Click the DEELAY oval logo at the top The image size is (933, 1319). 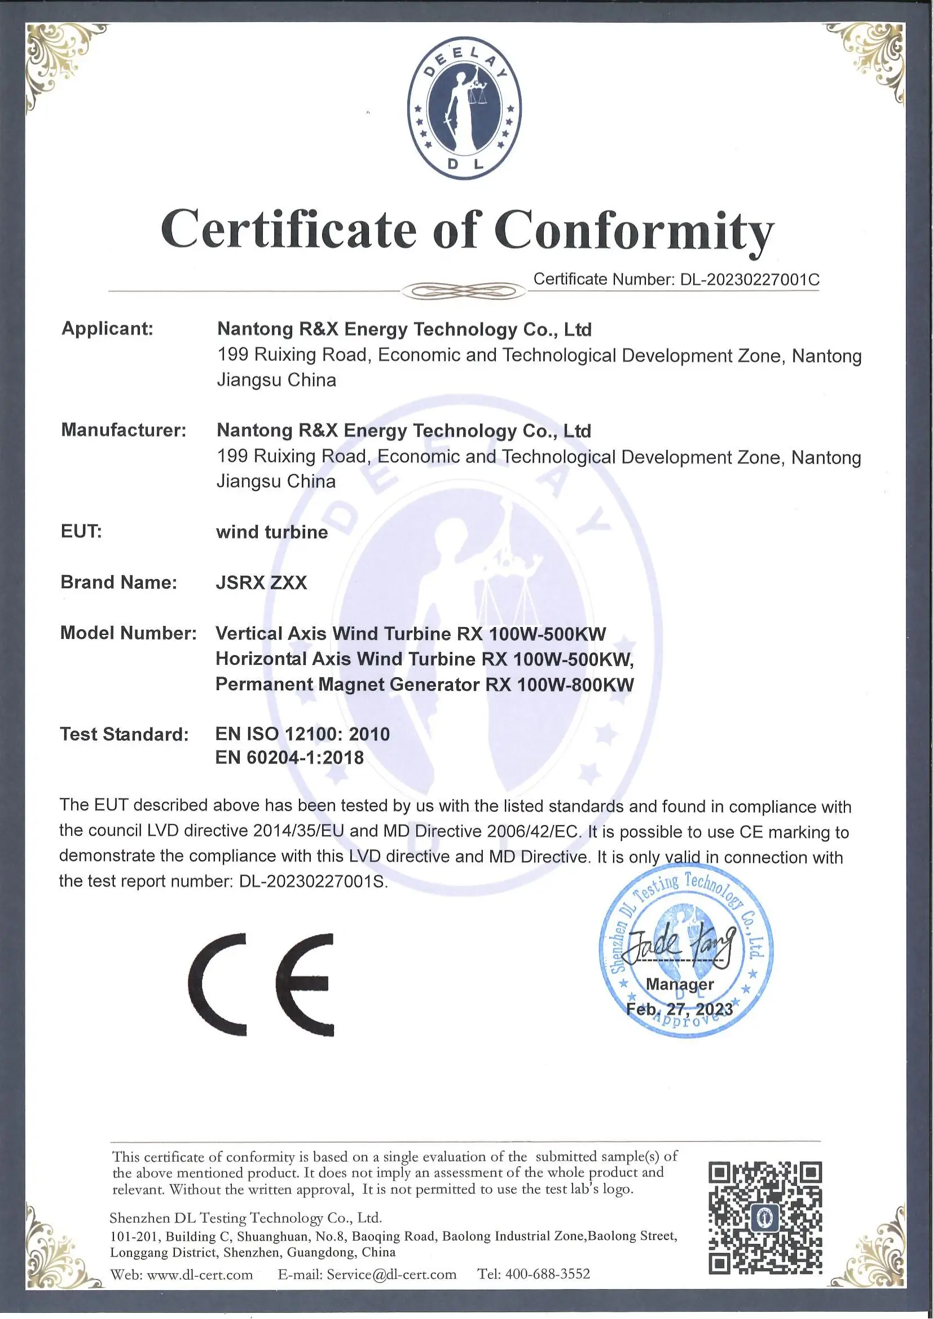(x=464, y=108)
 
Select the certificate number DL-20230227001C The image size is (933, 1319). (x=749, y=280)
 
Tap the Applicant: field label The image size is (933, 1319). (x=107, y=329)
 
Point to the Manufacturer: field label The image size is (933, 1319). (x=124, y=430)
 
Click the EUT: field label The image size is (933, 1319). (x=81, y=531)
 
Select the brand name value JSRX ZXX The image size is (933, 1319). (x=261, y=583)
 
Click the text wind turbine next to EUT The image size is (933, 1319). (x=272, y=532)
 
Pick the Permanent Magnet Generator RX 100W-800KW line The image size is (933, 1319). (x=425, y=685)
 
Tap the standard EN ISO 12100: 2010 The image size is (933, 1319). (x=302, y=734)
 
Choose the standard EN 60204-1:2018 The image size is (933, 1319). (x=289, y=758)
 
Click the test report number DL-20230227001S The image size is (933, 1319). (x=313, y=881)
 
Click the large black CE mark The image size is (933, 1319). (x=261, y=985)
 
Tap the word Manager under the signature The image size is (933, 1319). (x=680, y=984)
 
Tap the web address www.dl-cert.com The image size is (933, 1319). (x=200, y=1275)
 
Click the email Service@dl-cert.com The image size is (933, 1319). (x=391, y=1275)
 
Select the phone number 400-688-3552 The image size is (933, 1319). (x=548, y=1274)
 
